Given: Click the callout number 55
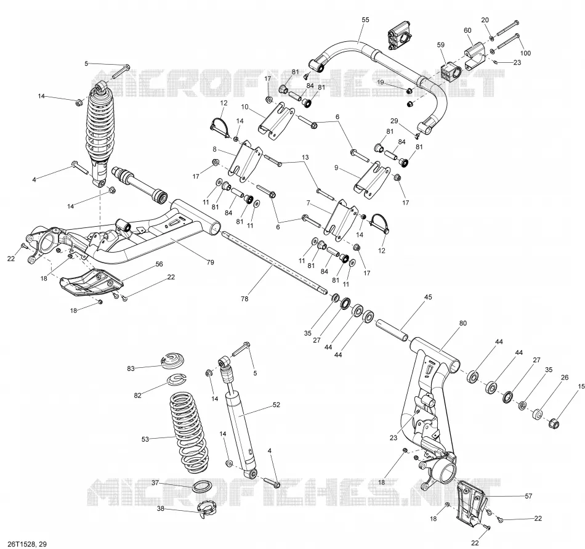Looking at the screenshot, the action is click(x=365, y=20).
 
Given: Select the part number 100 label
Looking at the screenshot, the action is click(x=525, y=54).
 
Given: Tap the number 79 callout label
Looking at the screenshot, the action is click(x=210, y=262).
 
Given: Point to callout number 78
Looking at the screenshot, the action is click(x=244, y=299).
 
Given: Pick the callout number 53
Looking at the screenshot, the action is click(x=145, y=439).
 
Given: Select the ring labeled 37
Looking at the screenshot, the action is click(x=203, y=487).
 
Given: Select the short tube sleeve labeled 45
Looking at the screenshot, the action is click(x=392, y=330).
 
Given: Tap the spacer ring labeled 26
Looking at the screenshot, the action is click(x=538, y=414).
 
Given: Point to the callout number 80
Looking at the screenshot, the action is click(x=462, y=323).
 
